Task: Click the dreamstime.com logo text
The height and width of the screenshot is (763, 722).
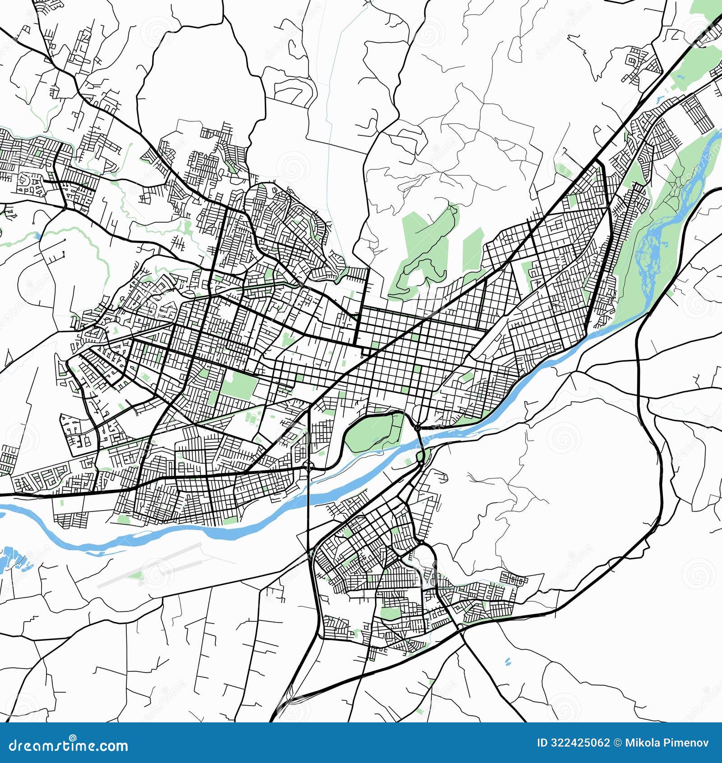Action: [x=69, y=745]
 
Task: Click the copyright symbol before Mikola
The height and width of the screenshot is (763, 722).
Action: [x=618, y=743]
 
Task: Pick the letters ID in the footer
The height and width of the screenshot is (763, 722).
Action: [x=542, y=743]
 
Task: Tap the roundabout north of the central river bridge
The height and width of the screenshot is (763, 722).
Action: [x=418, y=427]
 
